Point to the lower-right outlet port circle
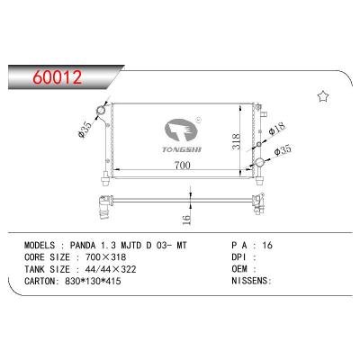click(260, 162)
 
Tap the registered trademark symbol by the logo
click(198, 118)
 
